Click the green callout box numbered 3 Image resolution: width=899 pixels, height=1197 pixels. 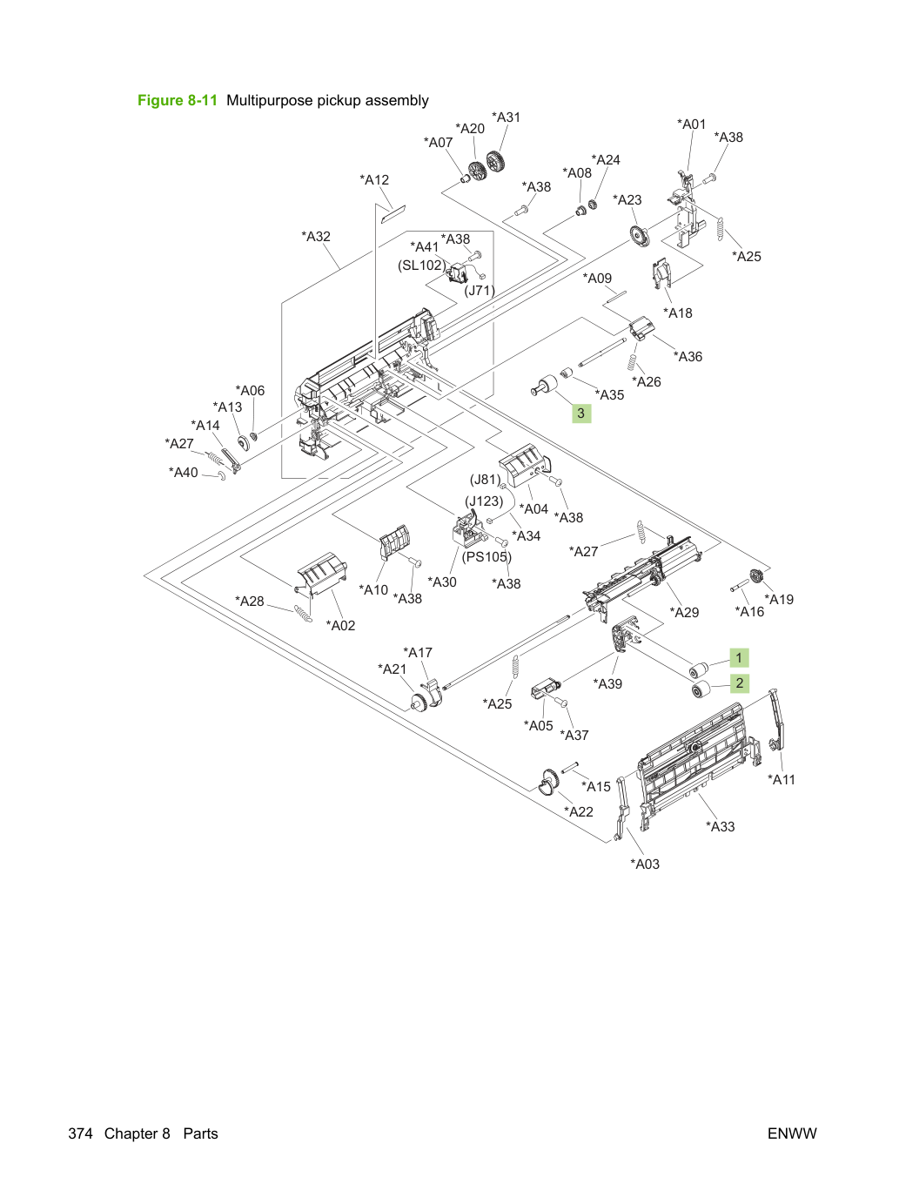(581, 414)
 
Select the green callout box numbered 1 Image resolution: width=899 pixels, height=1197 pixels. (739, 657)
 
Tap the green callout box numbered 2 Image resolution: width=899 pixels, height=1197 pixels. (740, 683)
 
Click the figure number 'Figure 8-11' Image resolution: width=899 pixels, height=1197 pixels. (178, 100)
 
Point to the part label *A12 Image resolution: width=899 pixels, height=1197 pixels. (374, 180)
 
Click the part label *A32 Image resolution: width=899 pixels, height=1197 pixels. (316, 237)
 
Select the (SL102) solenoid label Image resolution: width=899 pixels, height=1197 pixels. (422, 266)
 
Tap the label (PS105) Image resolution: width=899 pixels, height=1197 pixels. (486, 557)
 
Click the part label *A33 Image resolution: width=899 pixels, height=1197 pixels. (721, 827)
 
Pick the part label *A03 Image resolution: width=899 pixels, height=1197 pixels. (645, 864)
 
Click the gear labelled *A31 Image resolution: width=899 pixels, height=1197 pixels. (494, 161)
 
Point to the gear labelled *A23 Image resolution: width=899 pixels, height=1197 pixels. (639, 236)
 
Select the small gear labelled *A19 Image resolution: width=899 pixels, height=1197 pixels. (755, 576)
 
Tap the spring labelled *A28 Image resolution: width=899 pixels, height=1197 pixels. (303, 614)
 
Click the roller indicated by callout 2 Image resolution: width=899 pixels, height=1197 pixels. (701, 690)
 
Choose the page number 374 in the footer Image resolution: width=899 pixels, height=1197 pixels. (80, 1133)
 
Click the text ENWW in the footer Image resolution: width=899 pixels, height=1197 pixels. (792, 1133)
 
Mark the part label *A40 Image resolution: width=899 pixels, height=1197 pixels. (184, 472)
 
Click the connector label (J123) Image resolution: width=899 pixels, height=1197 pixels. (484, 501)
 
